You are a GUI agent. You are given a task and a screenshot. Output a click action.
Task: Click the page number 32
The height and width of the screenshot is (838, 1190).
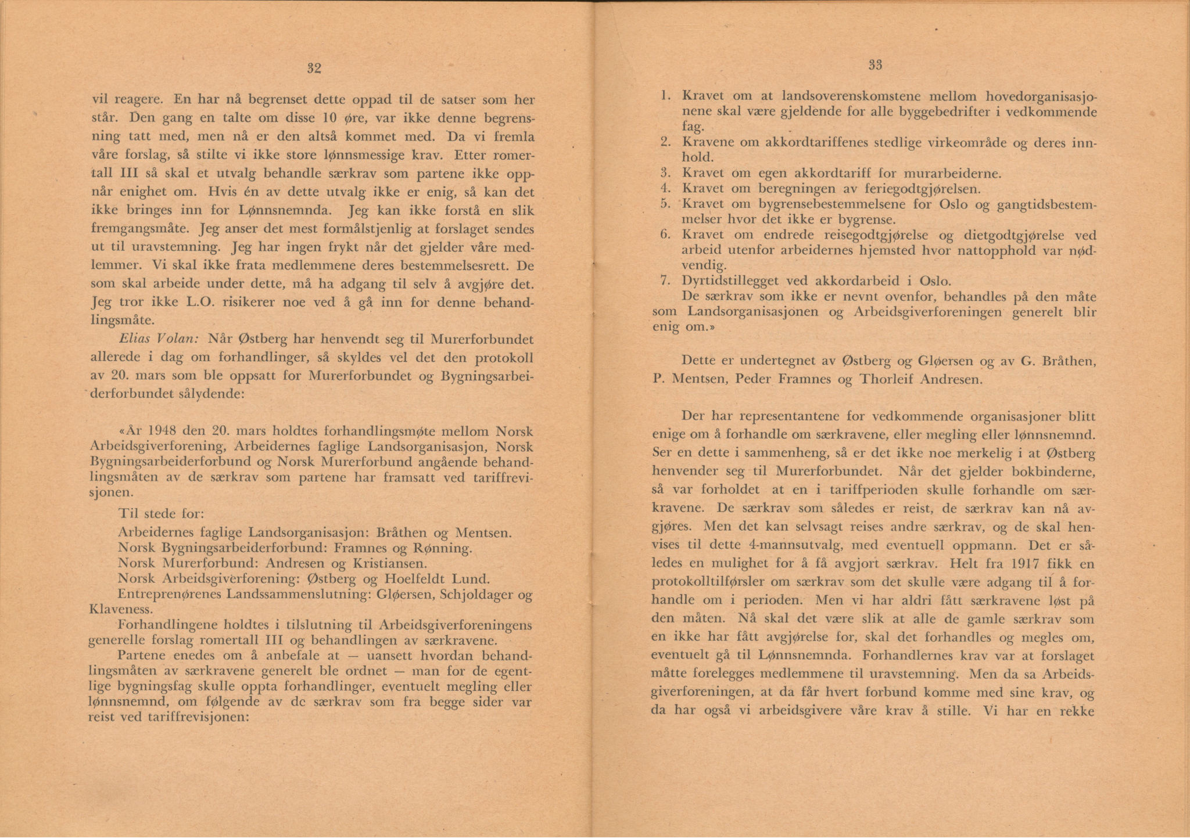(314, 69)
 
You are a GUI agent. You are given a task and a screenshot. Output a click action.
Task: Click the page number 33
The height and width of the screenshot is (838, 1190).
(875, 66)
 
